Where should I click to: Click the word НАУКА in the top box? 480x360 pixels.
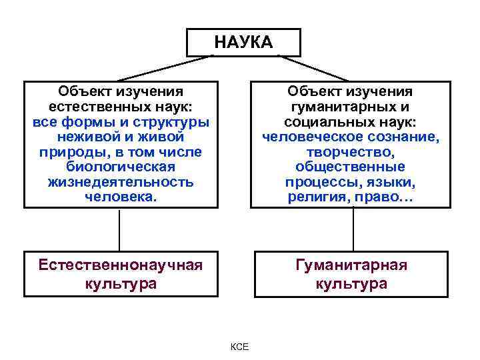(x=243, y=43)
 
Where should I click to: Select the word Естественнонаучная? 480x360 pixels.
(x=120, y=265)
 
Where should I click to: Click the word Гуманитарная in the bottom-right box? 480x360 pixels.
(x=351, y=265)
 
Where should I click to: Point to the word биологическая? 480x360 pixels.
(x=121, y=167)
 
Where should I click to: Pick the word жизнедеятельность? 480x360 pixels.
(x=121, y=181)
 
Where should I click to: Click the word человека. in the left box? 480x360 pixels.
(x=121, y=196)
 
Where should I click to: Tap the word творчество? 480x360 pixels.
(x=351, y=152)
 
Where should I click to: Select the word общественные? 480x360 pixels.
(x=351, y=167)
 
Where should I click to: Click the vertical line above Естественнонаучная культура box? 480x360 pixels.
(x=119, y=230)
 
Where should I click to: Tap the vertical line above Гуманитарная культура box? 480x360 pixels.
(x=351, y=230)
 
